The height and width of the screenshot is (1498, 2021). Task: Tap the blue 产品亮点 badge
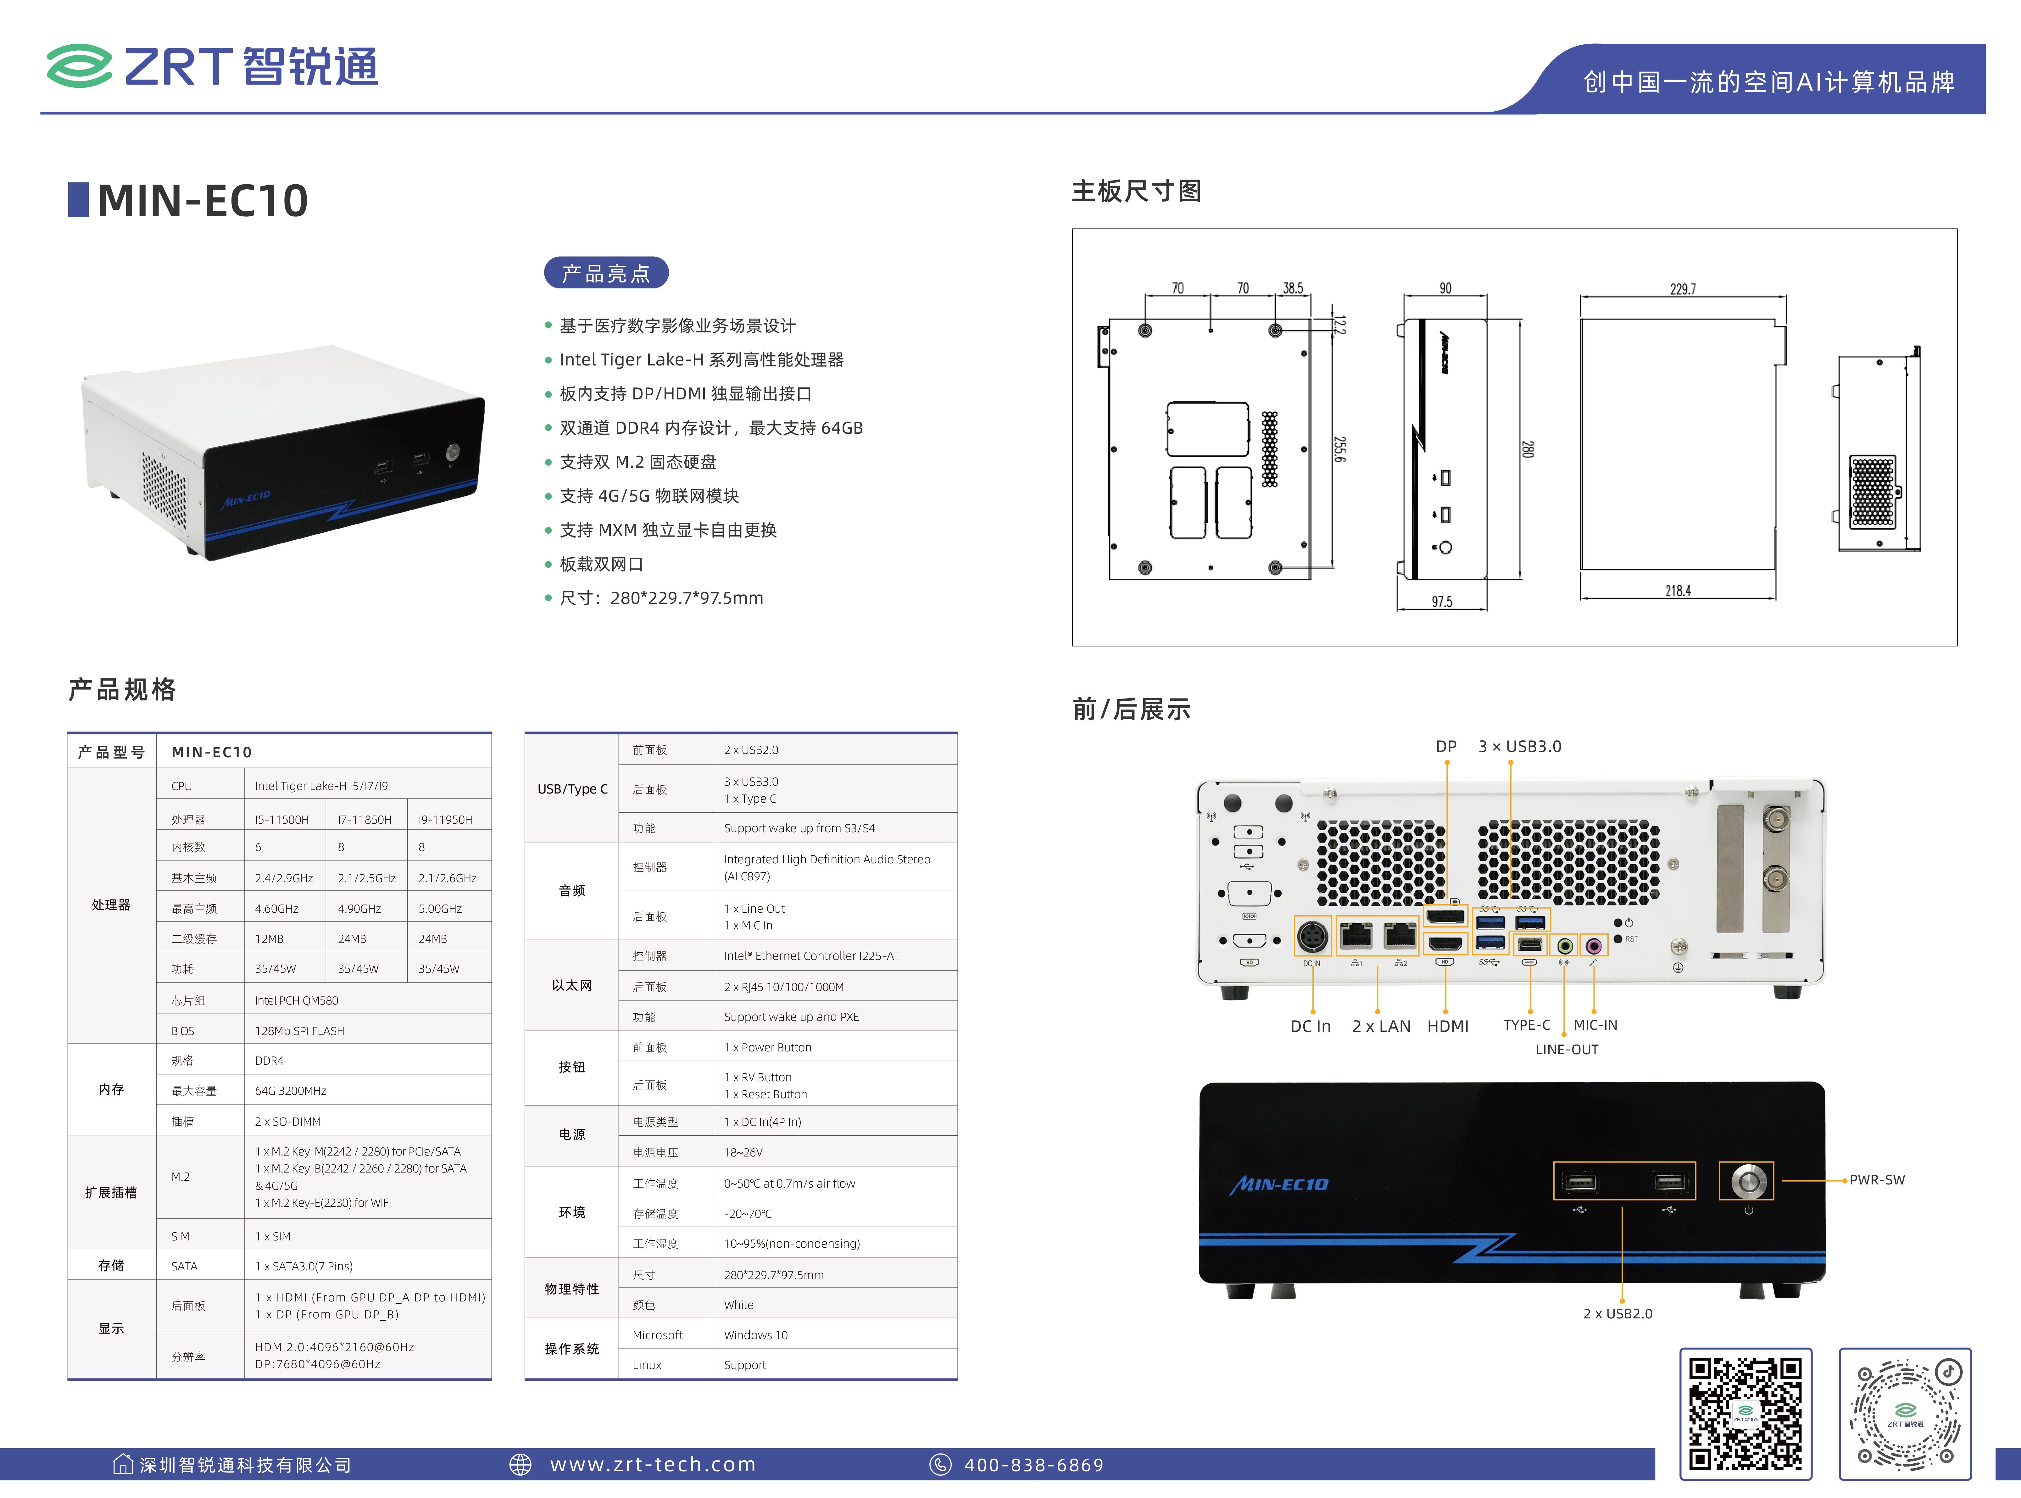point(606,273)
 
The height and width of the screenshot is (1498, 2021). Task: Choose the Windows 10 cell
point(756,1335)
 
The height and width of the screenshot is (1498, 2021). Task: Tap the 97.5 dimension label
point(1442,601)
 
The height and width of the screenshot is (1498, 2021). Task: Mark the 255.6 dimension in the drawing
point(1339,449)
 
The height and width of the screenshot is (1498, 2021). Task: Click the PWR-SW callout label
point(1877,1180)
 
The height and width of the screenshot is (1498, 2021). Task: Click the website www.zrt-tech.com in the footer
point(653,1464)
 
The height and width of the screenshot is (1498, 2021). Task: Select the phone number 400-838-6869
point(1034,1464)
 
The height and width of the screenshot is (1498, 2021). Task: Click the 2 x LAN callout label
point(1381,1027)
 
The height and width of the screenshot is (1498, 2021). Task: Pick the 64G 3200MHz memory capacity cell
point(290,1091)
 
